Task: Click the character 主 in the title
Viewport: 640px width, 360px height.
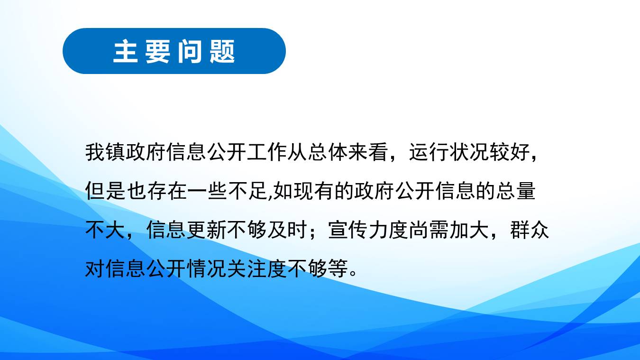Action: [126, 52]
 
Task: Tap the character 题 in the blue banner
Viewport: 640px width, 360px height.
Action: [222, 52]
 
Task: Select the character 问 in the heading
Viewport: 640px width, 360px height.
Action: [190, 52]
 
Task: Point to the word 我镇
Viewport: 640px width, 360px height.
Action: [105, 152]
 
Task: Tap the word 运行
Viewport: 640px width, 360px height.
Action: [429, 152]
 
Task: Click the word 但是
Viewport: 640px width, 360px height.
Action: [105, 191]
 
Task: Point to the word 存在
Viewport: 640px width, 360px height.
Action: [167, 191]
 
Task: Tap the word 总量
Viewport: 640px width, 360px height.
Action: [515, 191]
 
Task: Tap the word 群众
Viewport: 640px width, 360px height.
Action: [530, 230]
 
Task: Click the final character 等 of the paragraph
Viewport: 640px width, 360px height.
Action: [338, 268]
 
